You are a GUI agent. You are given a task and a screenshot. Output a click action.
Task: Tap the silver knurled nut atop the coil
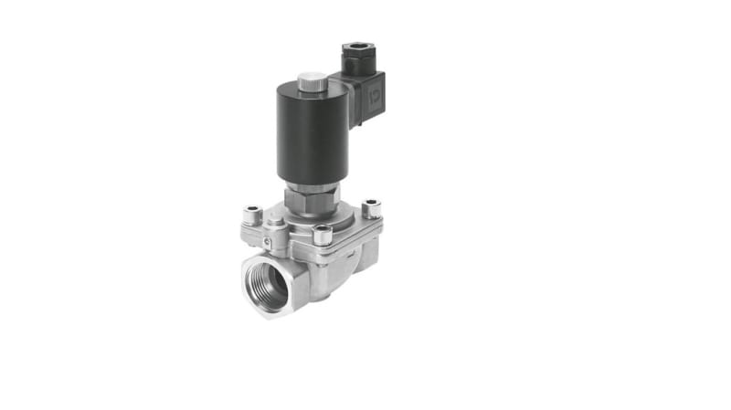[312, 83]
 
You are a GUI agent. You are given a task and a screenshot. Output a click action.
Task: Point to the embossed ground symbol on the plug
[374, 94]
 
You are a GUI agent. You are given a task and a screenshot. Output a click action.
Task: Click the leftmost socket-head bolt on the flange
[252, 216]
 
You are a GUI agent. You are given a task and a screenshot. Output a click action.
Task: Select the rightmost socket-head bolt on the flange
[370, 209]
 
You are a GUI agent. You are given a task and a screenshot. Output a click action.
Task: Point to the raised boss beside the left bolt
[276, 219]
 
